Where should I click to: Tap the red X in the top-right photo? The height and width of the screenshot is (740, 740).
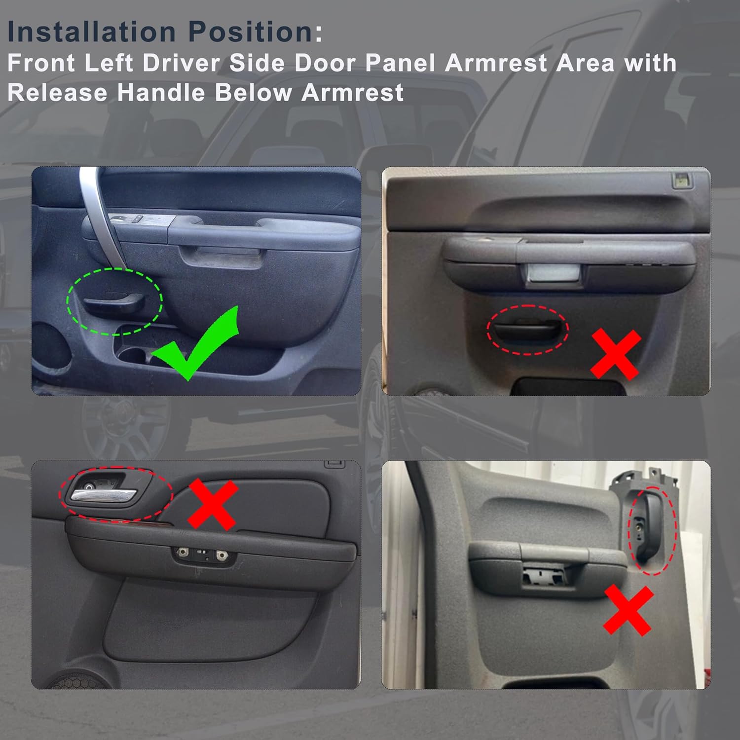click(616, 354)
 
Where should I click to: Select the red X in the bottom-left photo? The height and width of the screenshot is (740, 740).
click(213, 504)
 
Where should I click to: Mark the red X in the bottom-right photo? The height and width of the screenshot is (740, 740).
click(629, 610)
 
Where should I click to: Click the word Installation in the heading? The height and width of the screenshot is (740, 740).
click(91, 32)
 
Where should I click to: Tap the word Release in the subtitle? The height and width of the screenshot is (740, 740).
click(57, 93)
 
